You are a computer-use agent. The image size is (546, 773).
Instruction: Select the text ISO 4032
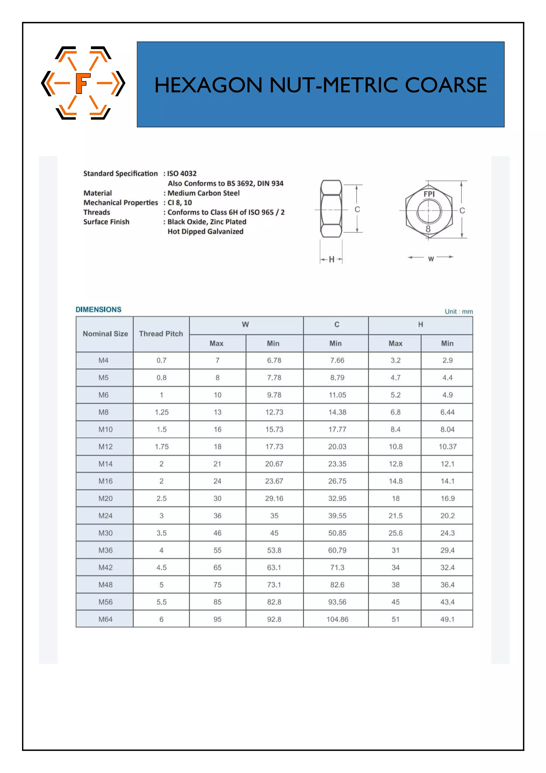[x=182, y=174]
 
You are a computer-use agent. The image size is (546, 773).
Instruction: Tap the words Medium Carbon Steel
[x=204, y=193]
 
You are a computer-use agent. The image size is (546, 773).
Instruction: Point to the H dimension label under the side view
[x=331, y=259]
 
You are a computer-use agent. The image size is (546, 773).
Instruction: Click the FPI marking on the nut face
[x=429, y=194]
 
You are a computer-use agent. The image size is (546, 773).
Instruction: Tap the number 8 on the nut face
[x=428, y=229]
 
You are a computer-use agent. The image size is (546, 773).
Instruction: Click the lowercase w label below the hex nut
[x=431, y=259]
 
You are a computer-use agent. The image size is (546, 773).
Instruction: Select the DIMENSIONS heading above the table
[x=98, y=309]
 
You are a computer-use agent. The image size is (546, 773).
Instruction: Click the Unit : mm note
[x=459, y=311]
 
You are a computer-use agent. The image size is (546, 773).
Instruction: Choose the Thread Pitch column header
[x=161, y=334]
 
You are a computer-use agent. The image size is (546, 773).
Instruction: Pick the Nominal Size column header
[x=105, y=334]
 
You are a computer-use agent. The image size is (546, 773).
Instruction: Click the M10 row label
[x=105, y=429]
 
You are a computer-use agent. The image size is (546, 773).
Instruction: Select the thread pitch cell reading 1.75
[x=161, y=447]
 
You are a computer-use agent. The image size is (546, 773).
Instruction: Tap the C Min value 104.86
[x=337, y=619]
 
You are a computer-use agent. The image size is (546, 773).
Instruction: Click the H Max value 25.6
[x=395, y=533]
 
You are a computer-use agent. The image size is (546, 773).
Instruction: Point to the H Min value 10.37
[x=447, y=447]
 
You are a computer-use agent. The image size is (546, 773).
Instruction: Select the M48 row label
[x=105, y=585]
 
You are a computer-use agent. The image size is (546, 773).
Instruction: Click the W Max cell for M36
[x=217, y=550]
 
